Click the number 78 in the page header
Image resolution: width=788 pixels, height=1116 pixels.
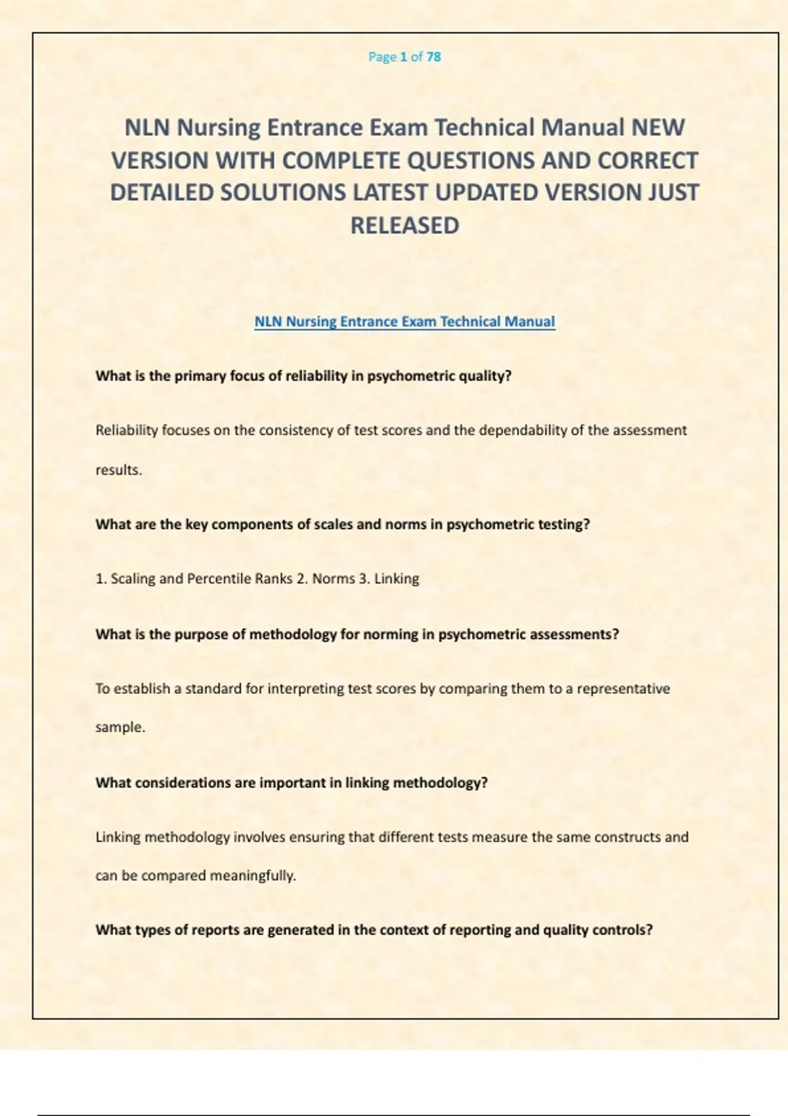[x=433, y=57]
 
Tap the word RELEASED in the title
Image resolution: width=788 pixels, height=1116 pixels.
[x=405, y=226]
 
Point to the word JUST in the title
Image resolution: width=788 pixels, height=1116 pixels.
[x=673, y=193]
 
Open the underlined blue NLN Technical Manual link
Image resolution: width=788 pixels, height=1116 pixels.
[x=405, y=322]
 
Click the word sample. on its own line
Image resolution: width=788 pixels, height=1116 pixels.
[x=120, y=727]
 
